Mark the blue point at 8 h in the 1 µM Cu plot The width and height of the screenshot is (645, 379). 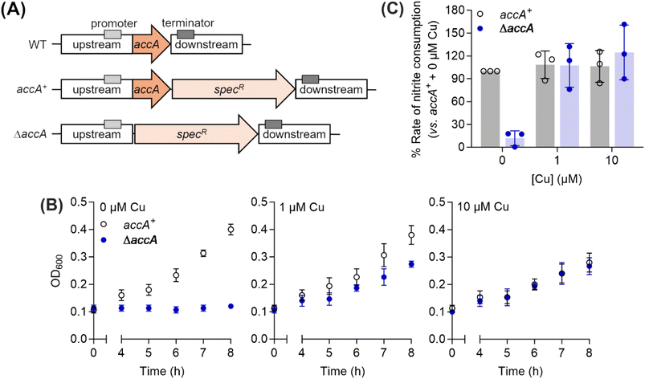pyautogui.click(x=412, y=264)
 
